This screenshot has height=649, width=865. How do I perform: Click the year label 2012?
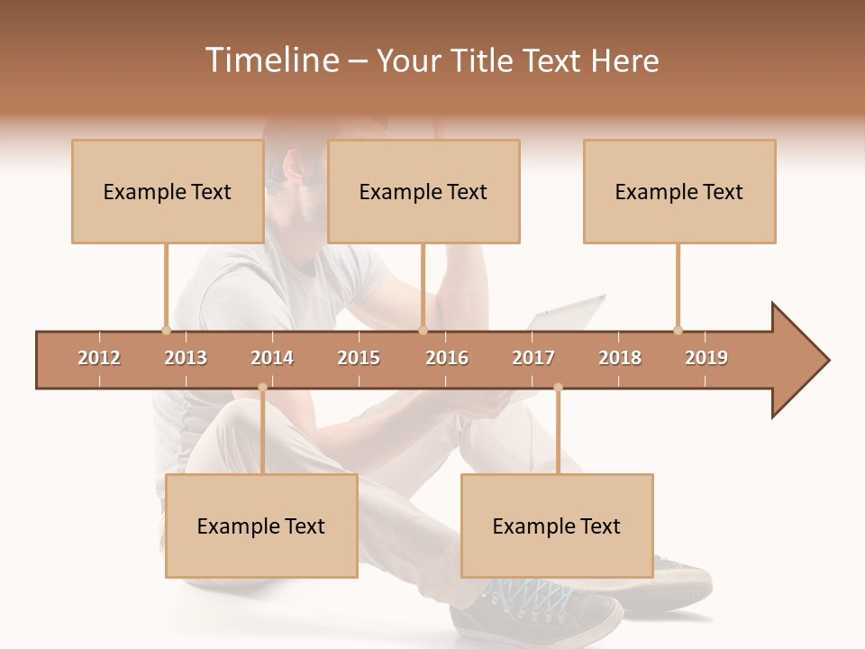point(99,358)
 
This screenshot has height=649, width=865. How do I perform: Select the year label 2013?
point(186,358)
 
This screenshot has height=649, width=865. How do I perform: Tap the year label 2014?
point(272,358)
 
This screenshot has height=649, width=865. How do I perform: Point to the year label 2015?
point(359,358)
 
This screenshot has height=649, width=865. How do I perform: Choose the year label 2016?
point(447,358)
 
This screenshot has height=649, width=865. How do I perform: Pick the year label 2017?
point(533,358)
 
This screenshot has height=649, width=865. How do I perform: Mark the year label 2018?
point(620,358)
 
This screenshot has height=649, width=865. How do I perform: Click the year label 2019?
point(706,358)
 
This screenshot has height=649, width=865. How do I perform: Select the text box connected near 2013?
point(168,191)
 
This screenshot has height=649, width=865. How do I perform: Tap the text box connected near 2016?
point(423,191)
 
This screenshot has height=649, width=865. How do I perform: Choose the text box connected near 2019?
point(679,191)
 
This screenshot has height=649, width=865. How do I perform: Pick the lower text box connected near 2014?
point(261,526)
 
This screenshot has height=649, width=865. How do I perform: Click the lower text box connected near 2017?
point(557,526)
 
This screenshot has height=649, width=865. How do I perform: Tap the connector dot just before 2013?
point(166,330)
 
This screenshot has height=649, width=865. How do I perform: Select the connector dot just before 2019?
point(678,330)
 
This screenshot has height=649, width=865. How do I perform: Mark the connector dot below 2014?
point(262,388)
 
